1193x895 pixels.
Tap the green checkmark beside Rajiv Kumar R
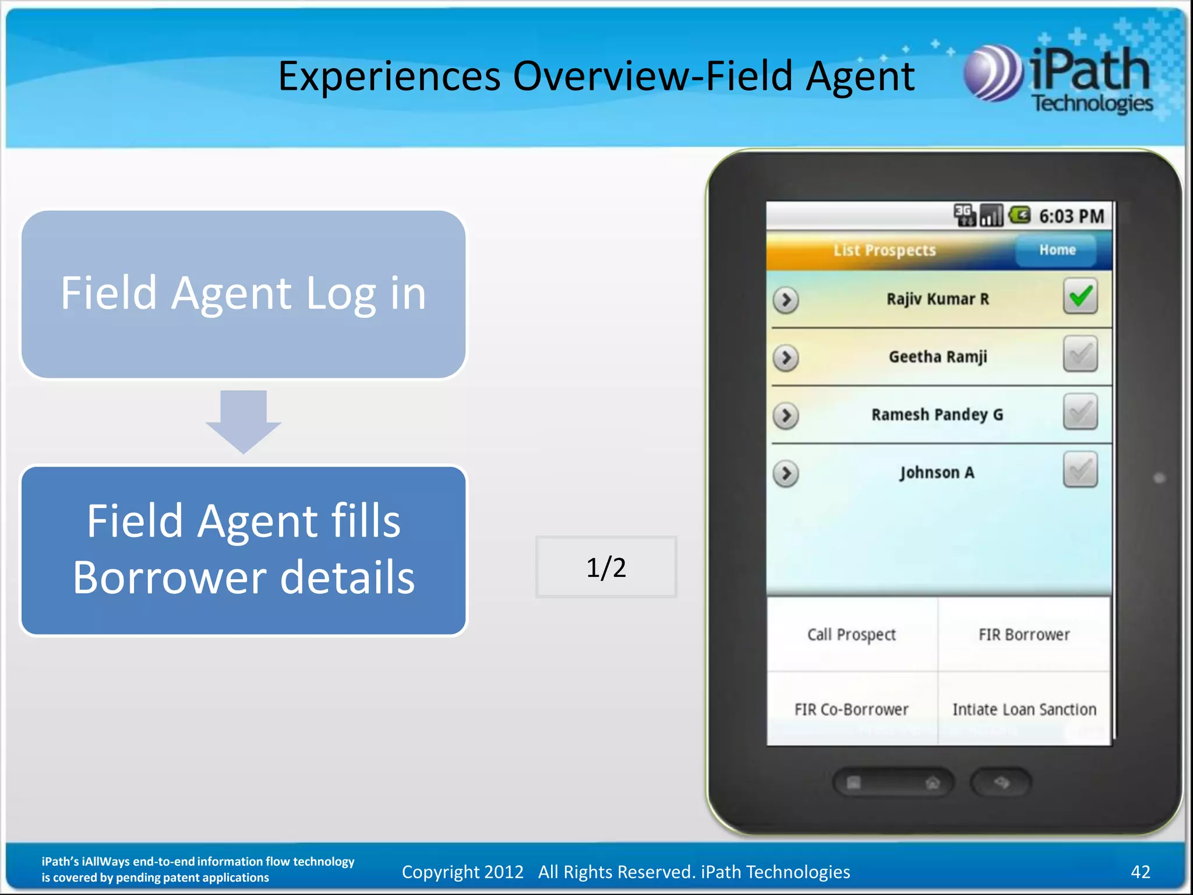[1080, 297]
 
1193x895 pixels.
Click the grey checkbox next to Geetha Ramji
[1080, 354]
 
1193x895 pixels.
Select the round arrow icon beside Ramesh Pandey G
[786, 415]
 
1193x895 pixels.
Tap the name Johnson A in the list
[937, 472]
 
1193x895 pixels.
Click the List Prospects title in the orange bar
[884, 250]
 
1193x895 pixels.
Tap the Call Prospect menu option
[851, 634]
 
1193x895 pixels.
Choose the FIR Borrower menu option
[1024, 634]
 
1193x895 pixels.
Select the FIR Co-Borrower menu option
[851, 709]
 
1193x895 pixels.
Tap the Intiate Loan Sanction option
[1024, 709]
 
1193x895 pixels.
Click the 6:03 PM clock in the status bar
[1071, 216]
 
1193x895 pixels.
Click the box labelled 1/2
[606, 567]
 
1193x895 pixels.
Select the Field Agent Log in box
[243, 294]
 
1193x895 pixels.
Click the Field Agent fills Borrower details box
[243, 549]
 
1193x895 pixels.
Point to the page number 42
[1140, 872]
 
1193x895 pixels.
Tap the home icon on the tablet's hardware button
[933, 783]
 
